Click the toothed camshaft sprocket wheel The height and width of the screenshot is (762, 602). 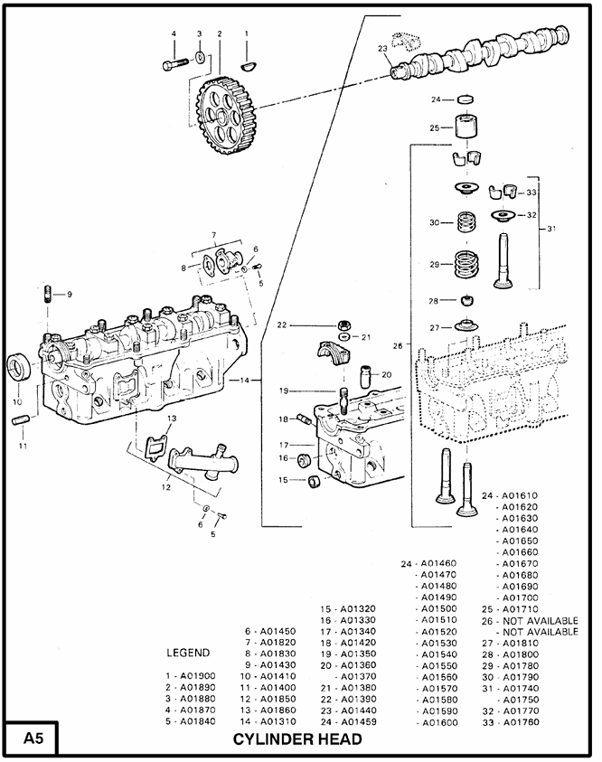[x=226, y=116]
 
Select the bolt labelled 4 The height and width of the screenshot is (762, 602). [x=175, y=64]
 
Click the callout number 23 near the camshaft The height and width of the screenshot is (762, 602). [x=382, y=48]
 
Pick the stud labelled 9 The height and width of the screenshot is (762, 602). [x=47, y=295]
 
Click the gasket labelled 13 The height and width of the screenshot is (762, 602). [x=155, y=447]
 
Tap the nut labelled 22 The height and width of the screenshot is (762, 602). [x=344, y=325]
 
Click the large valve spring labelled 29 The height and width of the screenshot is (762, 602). [x=467, y=265]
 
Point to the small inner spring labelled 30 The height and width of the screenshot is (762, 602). [x=466, y=222]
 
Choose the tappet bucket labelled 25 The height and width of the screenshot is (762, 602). [x=467, y=127]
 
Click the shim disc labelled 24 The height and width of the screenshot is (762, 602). [x=465, y=99]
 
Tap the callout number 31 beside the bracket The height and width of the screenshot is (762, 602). [x=551, y=229]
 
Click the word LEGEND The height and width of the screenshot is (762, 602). [x=188, y=653]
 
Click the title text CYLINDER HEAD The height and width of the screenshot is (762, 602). [x=297, y=739]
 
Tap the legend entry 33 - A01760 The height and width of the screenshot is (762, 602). [x=511, y=722]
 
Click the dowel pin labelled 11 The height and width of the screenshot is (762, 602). [x=22, y=419]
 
